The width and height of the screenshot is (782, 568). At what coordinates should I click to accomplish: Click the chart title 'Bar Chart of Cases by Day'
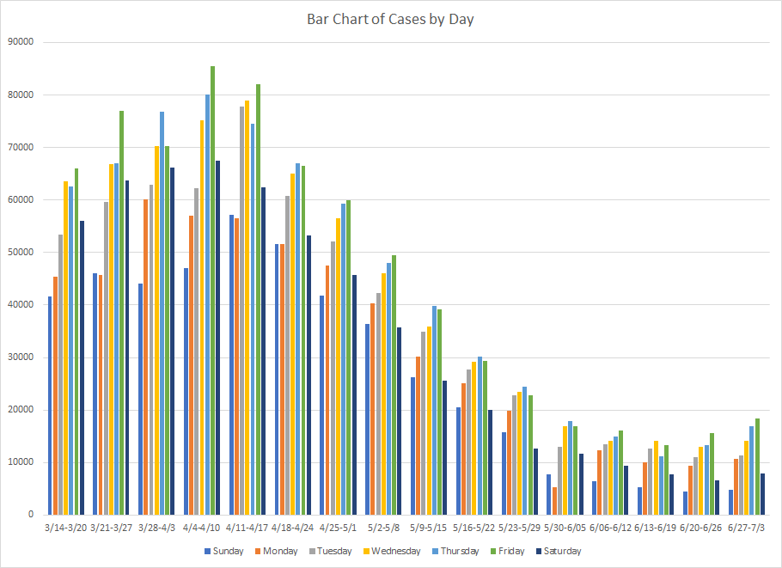tap(390, 19)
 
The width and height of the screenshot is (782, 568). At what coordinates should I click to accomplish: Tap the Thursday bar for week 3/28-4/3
tap(162, 313)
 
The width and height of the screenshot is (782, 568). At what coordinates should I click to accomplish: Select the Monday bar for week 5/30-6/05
tap(554, 501)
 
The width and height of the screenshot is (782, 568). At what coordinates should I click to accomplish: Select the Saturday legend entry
tap(558, 552)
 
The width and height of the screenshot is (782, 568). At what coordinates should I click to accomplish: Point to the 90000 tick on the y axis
tap(21, 42)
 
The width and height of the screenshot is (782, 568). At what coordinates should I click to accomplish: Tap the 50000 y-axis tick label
tap(21, 252)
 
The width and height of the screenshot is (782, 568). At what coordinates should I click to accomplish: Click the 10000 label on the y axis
tap(21, 462)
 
